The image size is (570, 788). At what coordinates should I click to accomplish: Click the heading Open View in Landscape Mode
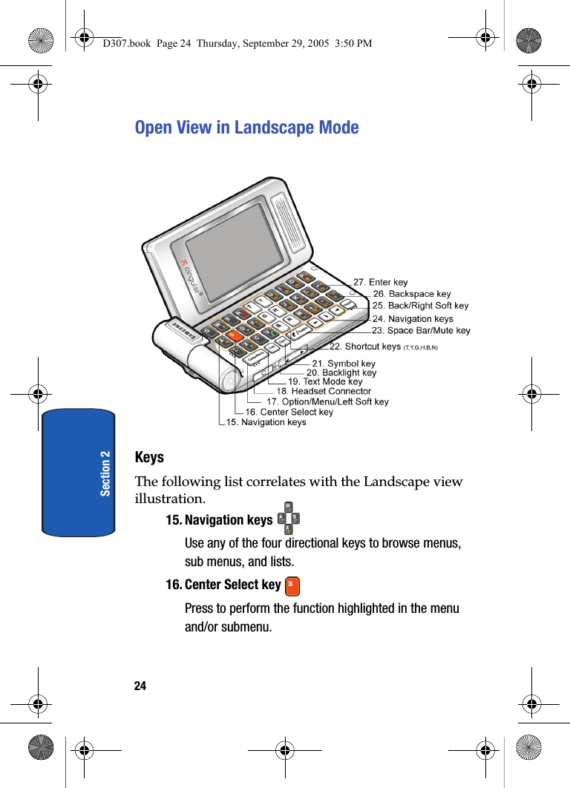point(246,128)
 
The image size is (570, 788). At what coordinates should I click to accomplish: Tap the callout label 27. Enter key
point(380,282)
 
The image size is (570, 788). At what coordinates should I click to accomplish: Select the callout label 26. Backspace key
point(412,294)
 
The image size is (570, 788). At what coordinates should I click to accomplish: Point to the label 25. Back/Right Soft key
point(420,305)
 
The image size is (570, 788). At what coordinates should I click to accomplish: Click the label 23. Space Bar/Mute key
point(421,330)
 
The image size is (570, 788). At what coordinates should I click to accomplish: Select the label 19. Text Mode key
point(325,381)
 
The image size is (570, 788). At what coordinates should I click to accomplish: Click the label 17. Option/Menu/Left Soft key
point(327,401)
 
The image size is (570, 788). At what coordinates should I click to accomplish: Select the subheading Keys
point(149,457)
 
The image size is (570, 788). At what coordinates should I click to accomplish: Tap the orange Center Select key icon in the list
point(292,585)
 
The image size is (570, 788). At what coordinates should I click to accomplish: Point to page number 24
point(140,686)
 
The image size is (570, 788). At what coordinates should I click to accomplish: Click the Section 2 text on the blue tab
point(105,473)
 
